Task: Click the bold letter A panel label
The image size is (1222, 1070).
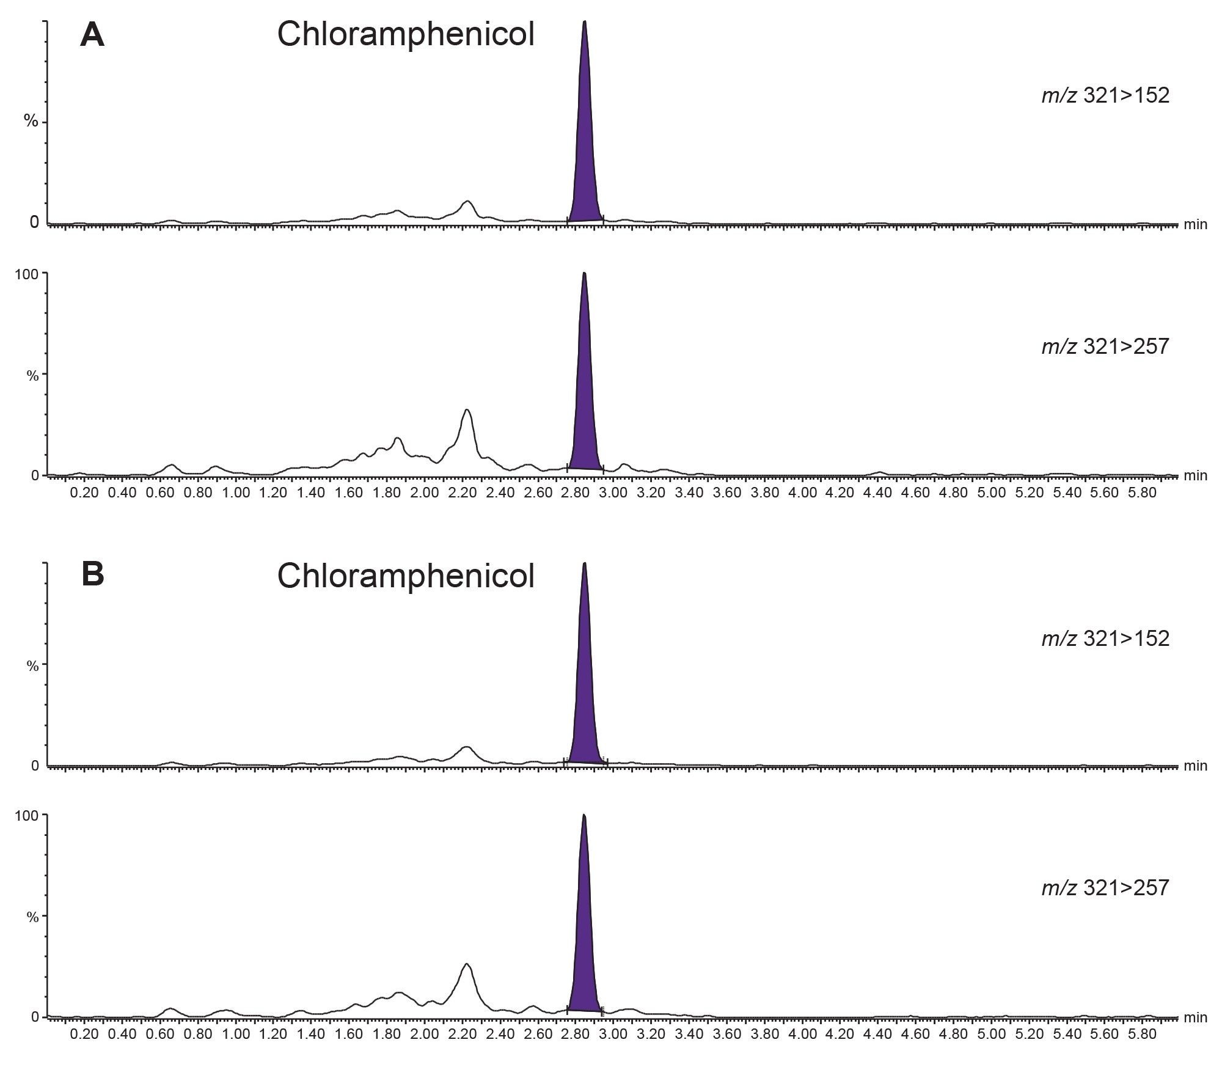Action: point(92,35)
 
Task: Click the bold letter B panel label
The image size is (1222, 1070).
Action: point(92,575)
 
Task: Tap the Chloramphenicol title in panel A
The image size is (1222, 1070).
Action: point(406,34)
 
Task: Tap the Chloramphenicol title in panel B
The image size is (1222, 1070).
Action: point(406,576)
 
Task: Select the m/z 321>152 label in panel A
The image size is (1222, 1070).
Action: point(1105,95)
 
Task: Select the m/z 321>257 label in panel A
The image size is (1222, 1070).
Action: point(1105,346)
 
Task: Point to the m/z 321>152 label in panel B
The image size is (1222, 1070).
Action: point(1105,638)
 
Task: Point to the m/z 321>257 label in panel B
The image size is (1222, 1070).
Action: point(1105,887)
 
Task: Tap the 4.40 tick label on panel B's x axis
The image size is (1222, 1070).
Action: point(878,1035)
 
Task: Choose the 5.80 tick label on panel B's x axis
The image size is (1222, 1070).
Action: point(1143,1035)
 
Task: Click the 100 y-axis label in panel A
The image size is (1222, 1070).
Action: point(27,274)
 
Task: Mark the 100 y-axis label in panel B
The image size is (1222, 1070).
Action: point(27,816)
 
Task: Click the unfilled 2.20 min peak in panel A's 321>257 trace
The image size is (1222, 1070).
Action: point(467,434)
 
